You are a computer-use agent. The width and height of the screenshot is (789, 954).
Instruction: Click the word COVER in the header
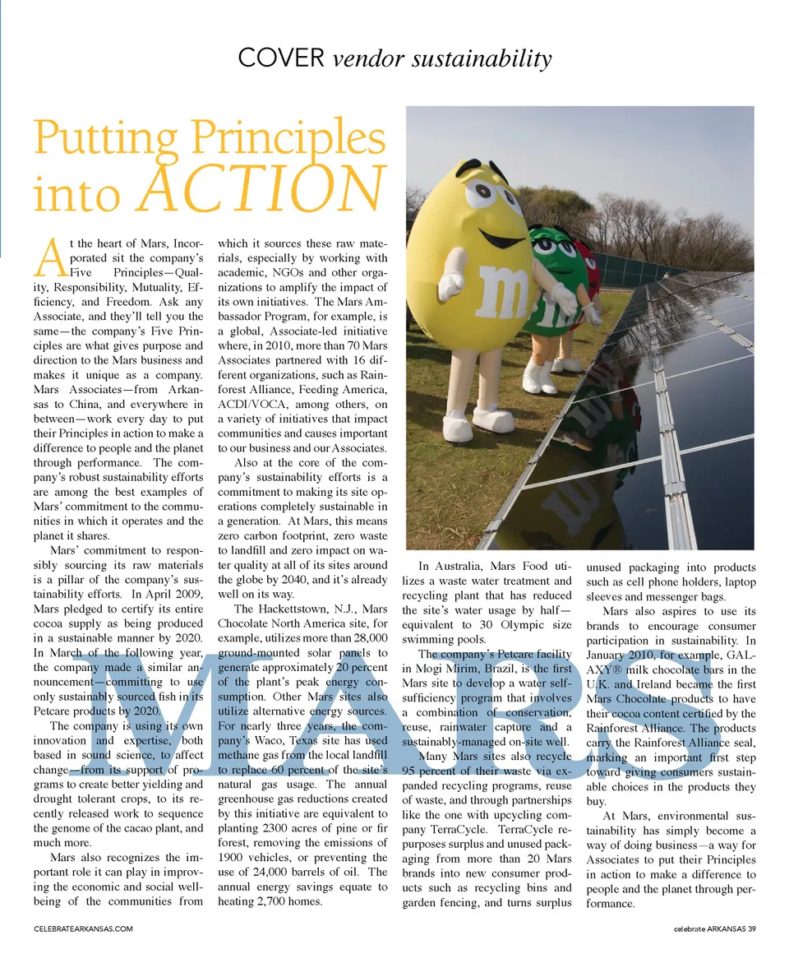click(x=280, y=58)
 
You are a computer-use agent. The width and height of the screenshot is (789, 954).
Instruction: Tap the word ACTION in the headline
click(x=261, y=188)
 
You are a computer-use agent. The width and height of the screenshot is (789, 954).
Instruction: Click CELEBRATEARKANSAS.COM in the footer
click(x=83, y=929)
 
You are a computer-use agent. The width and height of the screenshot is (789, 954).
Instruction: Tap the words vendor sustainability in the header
click(x=442, y=58)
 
